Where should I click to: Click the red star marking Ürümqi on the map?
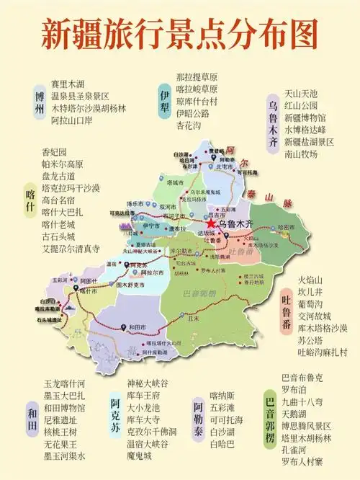pos(211,224)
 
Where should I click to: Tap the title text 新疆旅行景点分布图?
pos(179,32)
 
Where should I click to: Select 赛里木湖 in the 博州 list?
pos(67,84)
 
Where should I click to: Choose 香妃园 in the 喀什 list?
pos(54,152)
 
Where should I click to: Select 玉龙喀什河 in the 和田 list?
pos(64,383)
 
